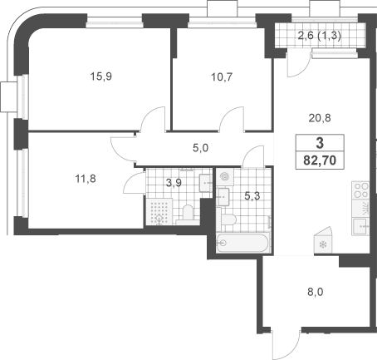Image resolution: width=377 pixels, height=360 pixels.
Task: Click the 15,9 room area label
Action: click(101, 76)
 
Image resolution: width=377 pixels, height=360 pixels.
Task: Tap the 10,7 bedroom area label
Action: click(222, 77)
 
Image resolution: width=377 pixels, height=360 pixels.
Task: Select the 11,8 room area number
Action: click(86, 179)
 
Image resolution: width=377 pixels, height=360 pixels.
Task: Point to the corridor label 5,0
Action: click(200, 148)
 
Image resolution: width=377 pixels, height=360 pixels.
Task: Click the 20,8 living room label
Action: click(320, 118)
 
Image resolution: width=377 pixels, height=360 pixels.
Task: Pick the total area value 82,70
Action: click(320, 160)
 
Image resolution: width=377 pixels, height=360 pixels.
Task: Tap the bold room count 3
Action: click(320, 143)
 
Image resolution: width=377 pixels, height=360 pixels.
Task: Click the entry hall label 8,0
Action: click(316, 292)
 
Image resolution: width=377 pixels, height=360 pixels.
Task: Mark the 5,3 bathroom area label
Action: click(252, 196)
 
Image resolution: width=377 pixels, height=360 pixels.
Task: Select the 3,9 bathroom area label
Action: click(174, 183)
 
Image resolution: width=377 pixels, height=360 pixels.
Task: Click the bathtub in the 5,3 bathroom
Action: click(242, 243)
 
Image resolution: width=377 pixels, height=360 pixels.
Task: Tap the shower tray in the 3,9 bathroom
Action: click(159, 212)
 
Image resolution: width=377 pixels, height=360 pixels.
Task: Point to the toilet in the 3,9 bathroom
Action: click(188, 215)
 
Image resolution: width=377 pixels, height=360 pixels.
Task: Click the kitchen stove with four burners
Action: click(360, 190)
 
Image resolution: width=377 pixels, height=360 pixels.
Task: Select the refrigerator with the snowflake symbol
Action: click(323, 240)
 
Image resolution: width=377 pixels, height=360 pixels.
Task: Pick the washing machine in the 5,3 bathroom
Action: click(225, 176)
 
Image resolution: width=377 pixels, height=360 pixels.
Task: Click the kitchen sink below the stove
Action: click(360, 227)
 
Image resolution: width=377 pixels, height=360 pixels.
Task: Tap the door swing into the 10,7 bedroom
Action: click(232, 119)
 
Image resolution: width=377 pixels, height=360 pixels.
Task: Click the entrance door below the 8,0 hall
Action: click(286, 343)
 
